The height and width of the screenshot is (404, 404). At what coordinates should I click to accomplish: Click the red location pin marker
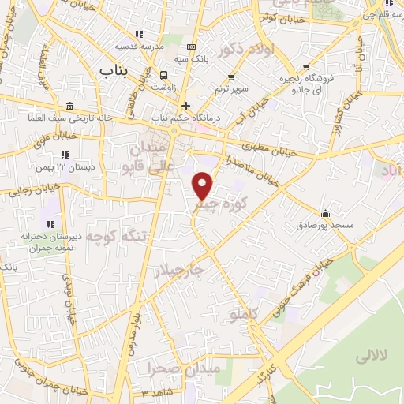click(203, 185)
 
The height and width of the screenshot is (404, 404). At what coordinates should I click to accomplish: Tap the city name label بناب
click(114, 71)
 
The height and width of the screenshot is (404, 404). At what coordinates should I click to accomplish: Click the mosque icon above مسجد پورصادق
click(325, 213)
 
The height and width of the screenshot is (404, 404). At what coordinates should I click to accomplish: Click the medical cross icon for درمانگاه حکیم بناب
click(186, 106)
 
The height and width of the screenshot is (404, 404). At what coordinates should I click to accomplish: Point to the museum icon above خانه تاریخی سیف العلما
click(70, 107)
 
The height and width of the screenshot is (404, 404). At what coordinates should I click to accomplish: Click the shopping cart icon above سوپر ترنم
click(231, 77)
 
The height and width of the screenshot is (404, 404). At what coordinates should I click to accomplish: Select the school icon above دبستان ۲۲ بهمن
click(77, 155)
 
